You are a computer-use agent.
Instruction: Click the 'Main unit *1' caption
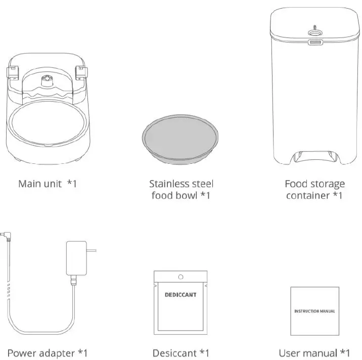[x=47, y=183]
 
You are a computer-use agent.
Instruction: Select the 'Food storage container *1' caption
[x=314, y=189]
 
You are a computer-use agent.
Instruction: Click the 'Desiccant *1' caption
[x=180, y=352]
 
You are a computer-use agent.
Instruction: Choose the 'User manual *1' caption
[x=314, y=352]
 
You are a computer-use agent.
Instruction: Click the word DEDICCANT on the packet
[x=180, y=294]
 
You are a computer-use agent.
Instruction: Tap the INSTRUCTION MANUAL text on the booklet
[x=314, y=311]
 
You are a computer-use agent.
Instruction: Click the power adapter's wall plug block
[x=76, y=258]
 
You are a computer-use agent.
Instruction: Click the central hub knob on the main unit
[x=47, y=79]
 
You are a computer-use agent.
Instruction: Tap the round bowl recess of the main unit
[x=47, y=121]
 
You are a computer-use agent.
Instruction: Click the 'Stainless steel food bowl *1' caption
[x=180, y=189]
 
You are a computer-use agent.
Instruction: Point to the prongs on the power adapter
[x=92, y=249]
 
